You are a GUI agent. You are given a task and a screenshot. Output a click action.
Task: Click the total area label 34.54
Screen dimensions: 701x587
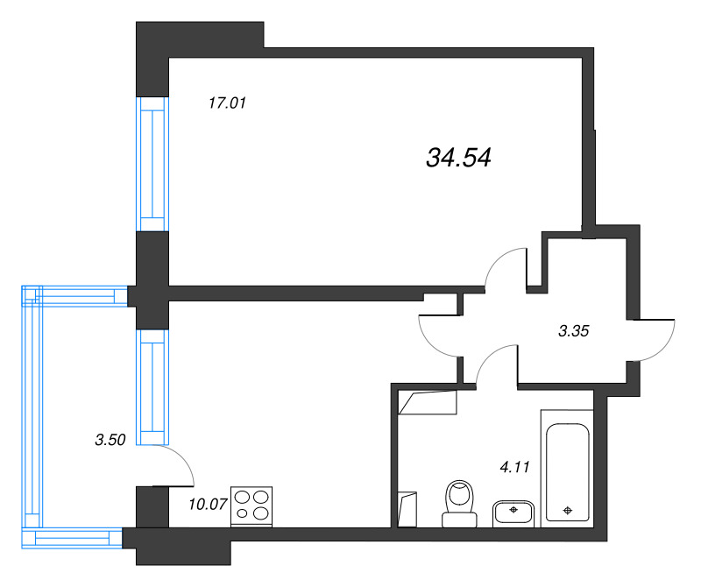(x=458, y=158)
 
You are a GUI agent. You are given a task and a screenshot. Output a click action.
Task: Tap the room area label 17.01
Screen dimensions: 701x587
(x=227, y=103)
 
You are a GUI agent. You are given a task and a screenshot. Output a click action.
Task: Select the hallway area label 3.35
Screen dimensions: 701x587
(x=574, y=331)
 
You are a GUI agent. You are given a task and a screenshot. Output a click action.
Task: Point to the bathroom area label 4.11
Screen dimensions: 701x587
(x=514, y=467)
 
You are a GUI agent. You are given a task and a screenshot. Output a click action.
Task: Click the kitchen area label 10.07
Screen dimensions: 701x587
(x=208, y=505)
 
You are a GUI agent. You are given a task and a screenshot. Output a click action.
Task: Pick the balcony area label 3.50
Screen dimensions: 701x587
(x=110, y=440)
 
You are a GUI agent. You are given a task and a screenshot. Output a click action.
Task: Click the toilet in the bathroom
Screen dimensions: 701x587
(x=459, y=504)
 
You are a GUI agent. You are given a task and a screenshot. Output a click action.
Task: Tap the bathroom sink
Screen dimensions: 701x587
(x=513, y=514)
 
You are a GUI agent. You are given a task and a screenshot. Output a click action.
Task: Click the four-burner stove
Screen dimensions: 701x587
(x=251, y=506)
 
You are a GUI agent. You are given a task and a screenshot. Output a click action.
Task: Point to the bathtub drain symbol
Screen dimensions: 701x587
(x=567, y=510)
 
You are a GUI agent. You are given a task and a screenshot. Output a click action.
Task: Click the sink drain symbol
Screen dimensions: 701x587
(x=513, y=509)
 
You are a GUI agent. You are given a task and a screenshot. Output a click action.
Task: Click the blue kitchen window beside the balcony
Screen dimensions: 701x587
(x=152, y=387)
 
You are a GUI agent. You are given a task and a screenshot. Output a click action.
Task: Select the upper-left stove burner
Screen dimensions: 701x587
(x=243, y=497)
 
